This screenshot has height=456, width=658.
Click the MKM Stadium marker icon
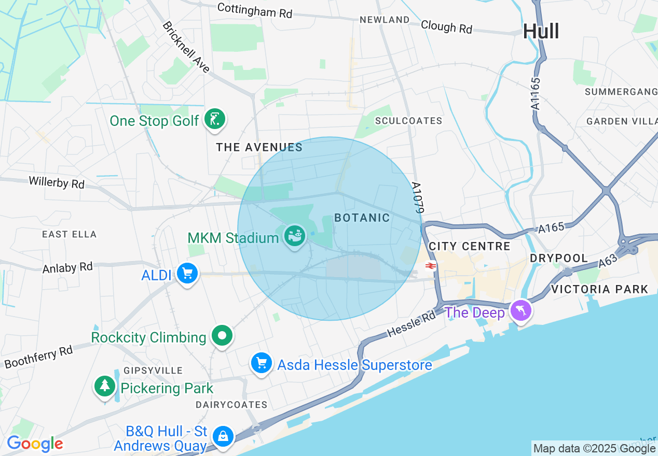point(295,237)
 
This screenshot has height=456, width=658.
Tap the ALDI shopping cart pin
point(187,273)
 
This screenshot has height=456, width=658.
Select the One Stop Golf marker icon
point(215,119)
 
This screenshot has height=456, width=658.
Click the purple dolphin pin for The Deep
point(520,311)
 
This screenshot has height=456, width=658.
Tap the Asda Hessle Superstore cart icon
point(262,363)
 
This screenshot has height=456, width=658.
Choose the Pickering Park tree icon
point(105,386)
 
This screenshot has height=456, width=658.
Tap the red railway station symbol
point(430,266)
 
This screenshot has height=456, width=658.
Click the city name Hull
point(541,31)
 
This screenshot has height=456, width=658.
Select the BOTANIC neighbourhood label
point(362,218)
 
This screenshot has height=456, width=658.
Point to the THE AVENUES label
point(259,147)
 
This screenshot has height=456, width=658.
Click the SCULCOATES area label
point(409,121)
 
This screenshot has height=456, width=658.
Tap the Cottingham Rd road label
point(255,10)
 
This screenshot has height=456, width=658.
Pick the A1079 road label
point(418,197)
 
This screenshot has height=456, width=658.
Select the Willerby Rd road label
point(57,182)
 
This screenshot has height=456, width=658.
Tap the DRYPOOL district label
point(559,258)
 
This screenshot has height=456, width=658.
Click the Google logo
point(35,444)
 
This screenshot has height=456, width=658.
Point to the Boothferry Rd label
point(38,357)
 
